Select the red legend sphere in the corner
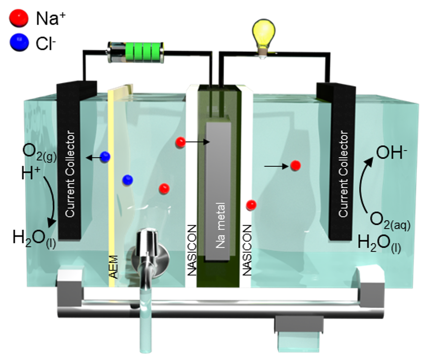pos(19,17)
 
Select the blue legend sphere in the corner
pos(19,42)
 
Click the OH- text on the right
pos(391,153)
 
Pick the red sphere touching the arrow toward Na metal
pos(181,142)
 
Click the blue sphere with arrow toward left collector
pos(105,156)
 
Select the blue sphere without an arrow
pos(127,180)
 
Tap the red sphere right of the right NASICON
pos(250,205)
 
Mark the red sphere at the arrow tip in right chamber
pos(295,166)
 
